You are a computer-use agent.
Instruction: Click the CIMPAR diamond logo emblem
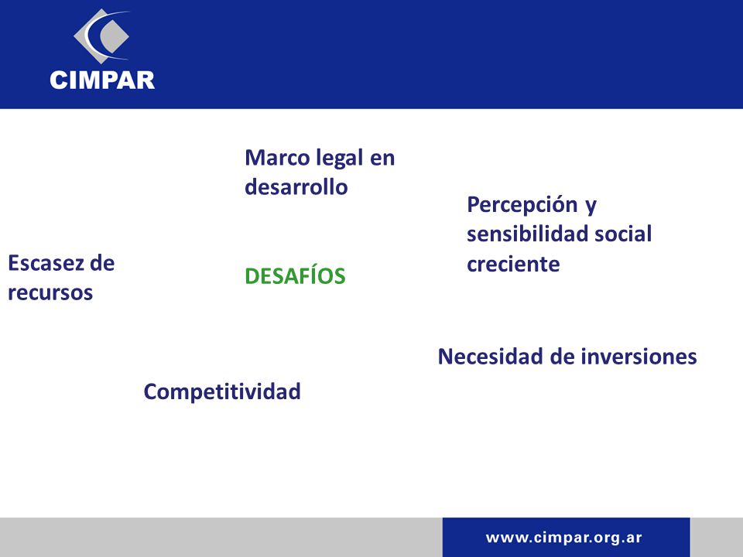[x=101, y=36]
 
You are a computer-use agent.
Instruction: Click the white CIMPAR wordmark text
[x=102, y=80]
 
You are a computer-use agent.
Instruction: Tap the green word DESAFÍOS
[x=295, y=275]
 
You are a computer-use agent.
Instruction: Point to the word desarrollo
[x=296, y=186]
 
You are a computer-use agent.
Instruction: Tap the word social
[x=623, y=234]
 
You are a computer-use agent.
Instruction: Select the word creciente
[x=513, y=265]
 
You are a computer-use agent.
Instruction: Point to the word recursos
[x=50, y=293]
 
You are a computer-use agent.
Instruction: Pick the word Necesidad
[x=491, y=357]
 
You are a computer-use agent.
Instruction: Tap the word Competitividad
[x=222, y=392]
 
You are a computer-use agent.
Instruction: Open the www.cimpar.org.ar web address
[x=564, y=538]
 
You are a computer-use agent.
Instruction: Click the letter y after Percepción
[x=591, y=207]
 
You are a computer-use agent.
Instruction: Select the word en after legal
[x=382, y=159]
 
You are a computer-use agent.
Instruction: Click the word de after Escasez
[x=102, y=263]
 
